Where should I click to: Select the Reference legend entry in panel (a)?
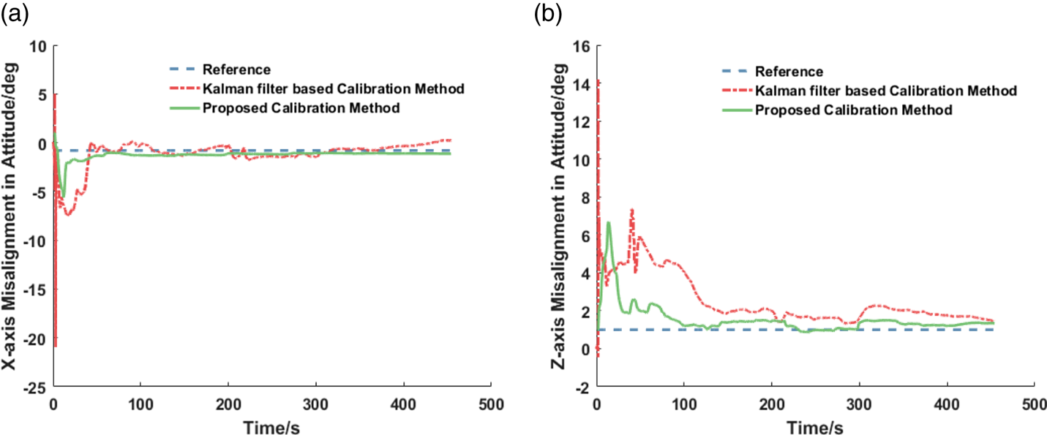(237, 70)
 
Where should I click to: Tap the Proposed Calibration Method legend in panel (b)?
(853, 110)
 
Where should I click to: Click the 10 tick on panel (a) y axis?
(37, 46)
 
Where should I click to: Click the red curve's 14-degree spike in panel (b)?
(598, 80)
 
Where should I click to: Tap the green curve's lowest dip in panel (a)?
(63, 197)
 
